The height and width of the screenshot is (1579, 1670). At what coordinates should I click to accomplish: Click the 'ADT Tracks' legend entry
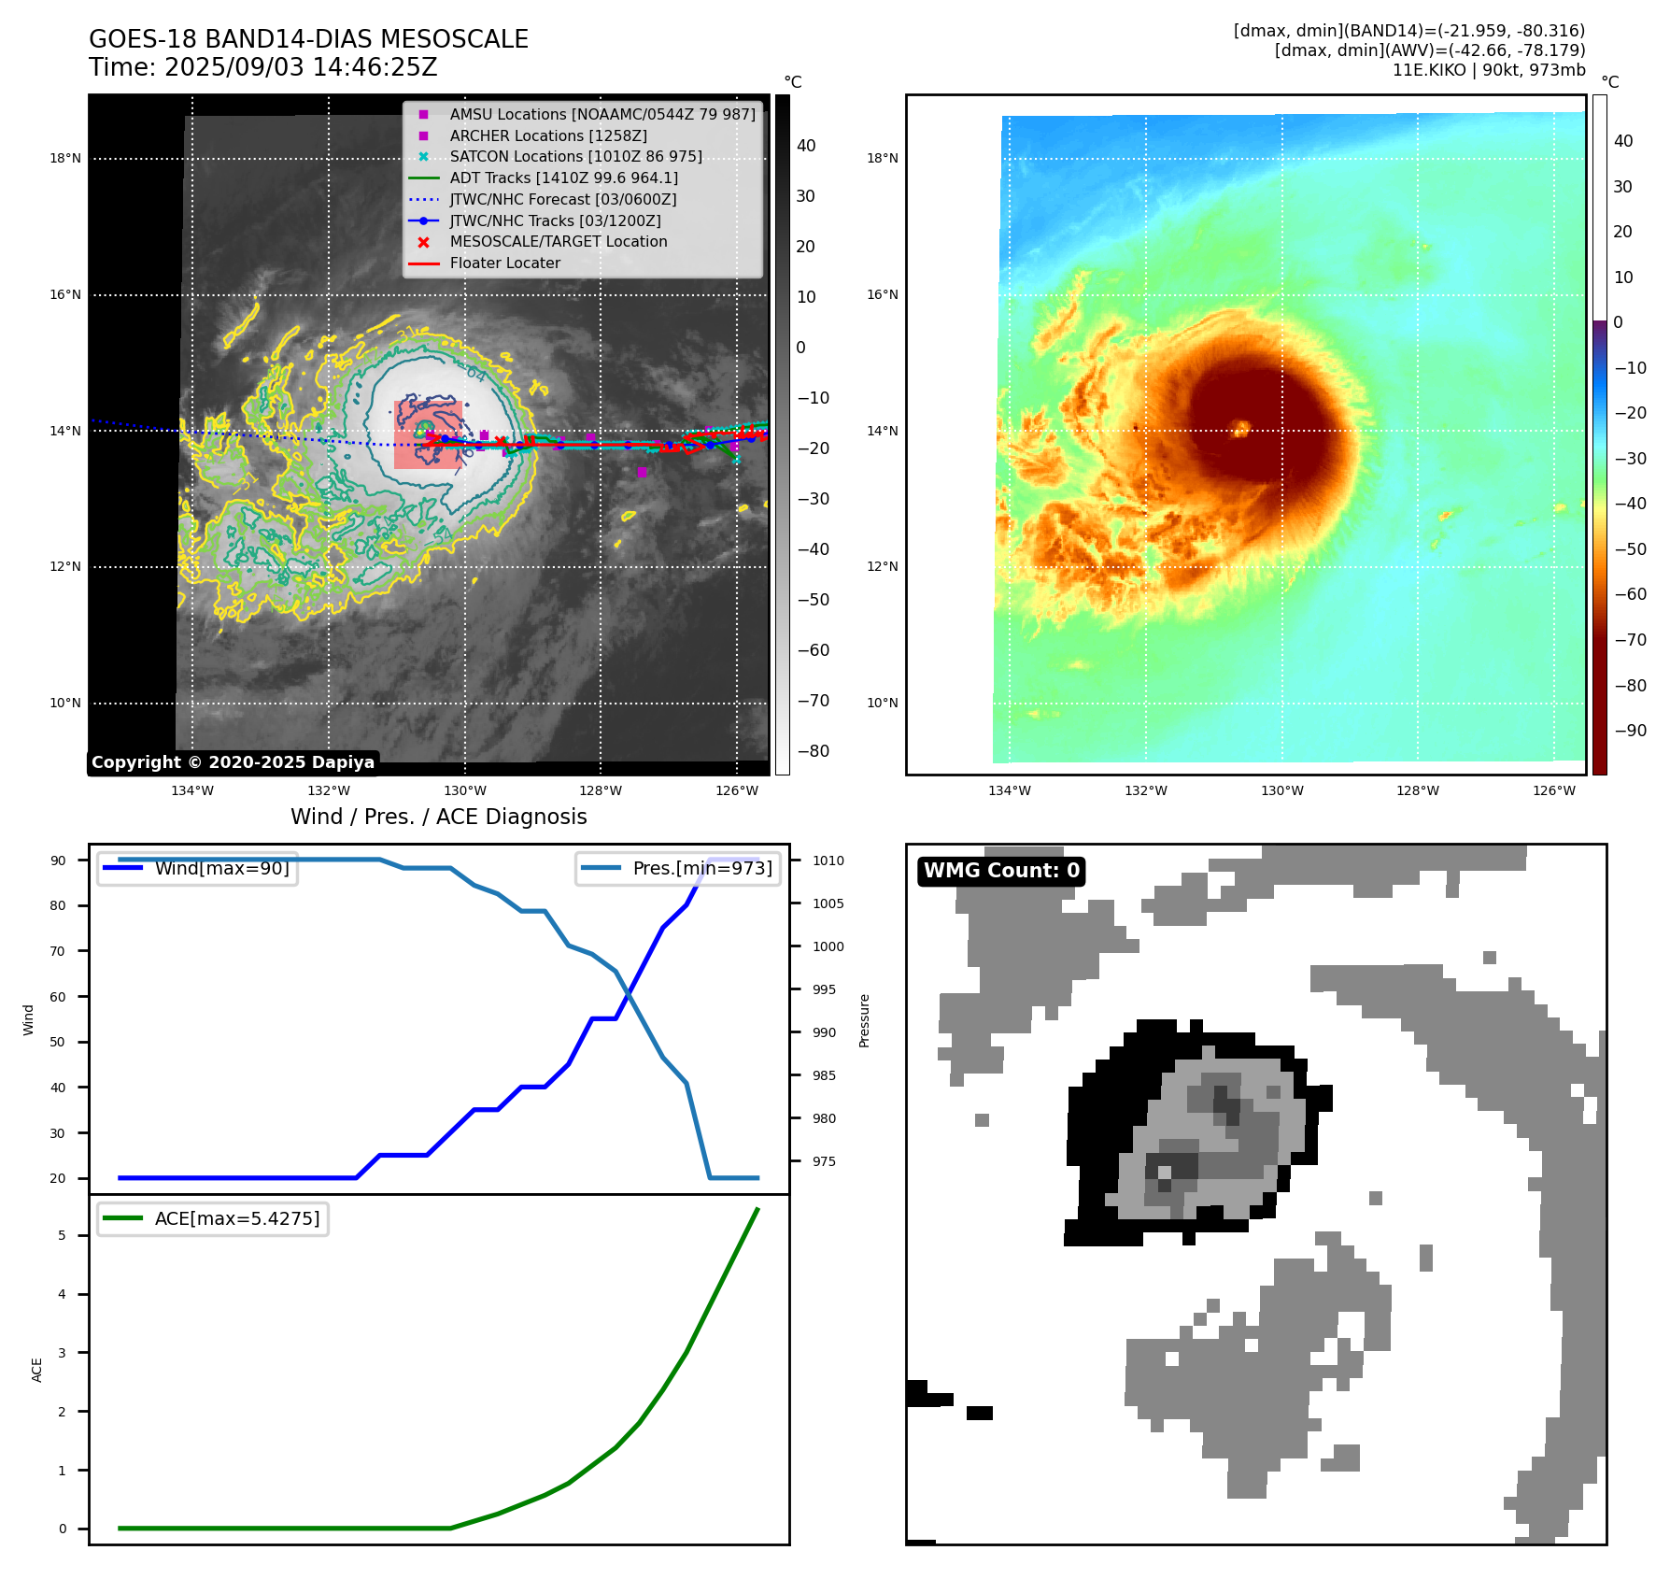point(563,178)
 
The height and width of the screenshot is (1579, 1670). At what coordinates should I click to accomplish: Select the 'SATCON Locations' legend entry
point(575,156)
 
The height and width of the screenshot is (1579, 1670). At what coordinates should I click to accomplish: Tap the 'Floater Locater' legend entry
point(504,263)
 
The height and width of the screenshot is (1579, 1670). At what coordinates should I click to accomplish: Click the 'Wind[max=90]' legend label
point(221,868)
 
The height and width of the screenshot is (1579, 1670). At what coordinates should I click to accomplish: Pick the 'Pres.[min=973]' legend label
point(701,868)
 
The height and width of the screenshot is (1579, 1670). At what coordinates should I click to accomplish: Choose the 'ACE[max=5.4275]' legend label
point(236,1218)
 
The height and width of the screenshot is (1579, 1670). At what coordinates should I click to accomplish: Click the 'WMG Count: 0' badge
point(1001,871)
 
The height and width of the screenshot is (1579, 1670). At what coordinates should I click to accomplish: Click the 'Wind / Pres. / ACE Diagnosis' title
point(438,817)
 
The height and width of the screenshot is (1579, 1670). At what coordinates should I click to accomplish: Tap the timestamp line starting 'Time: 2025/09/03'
point(262,67)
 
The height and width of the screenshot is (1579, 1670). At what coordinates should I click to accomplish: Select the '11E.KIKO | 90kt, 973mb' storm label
point(1488,70)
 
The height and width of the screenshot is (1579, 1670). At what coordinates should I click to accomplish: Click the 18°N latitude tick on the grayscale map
point(65,159)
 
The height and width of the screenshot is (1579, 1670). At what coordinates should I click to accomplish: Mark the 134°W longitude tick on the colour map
point(1010,790)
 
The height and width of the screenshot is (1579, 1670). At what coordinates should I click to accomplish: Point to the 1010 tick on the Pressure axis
point(828,861)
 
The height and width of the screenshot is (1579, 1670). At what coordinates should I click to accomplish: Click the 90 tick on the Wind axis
point(58,861)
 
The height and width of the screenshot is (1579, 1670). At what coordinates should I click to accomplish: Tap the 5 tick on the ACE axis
point(62,1235)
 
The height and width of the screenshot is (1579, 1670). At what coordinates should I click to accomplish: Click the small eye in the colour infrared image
point(1241,428)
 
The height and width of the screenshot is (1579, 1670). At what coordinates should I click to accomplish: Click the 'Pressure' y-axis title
point(864,1020)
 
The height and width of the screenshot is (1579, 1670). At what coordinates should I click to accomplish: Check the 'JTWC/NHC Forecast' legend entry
point(562,199)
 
